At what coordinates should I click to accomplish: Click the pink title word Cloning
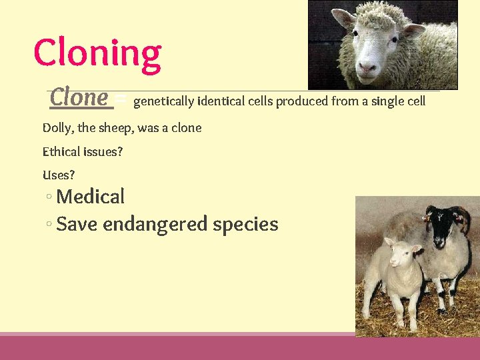point(97,53)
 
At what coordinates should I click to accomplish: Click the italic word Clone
point(79,98)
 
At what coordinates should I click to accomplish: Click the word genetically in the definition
point(163,102)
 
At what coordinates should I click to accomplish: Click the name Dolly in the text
point(58,128)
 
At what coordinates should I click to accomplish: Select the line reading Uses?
point(59,175)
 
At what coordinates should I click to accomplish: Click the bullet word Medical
point(91,197)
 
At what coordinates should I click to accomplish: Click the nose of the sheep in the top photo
point(367,66)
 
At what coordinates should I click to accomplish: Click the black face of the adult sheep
point(441,229)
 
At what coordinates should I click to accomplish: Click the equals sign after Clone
point(120,100)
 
